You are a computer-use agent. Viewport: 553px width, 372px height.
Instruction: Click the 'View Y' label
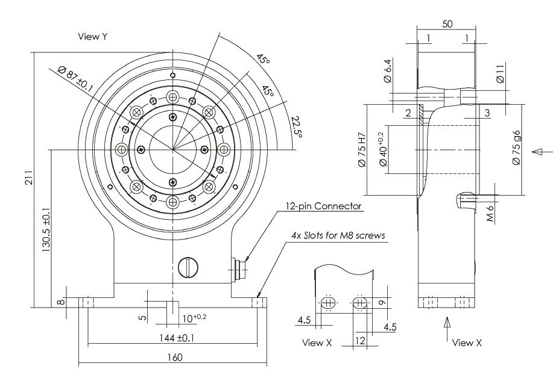[x=93, y=37]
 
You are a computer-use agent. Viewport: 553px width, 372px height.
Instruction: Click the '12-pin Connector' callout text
[x=324, y=206]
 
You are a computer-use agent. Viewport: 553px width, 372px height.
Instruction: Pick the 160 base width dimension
[x=174, y=357]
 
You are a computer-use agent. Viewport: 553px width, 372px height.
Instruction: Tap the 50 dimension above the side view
[x=447, y=24]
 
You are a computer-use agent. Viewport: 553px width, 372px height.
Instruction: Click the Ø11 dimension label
[x=500, y=76]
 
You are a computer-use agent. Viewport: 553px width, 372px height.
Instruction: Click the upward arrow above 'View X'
[x=447, y=325]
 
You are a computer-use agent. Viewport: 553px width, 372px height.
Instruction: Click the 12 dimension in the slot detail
[x=360, y=341]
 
